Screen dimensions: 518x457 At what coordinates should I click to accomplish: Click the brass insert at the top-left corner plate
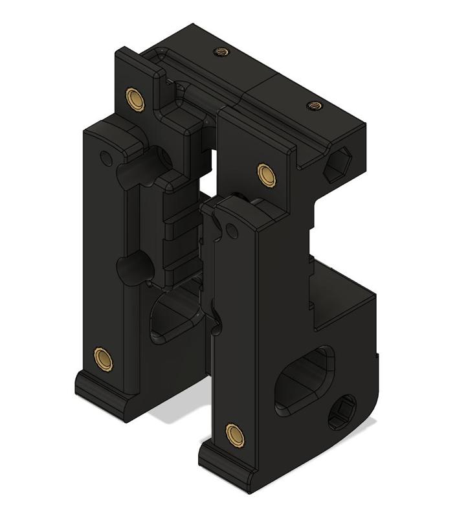coord(136,98)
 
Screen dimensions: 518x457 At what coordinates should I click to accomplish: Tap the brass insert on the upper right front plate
coord(266,174)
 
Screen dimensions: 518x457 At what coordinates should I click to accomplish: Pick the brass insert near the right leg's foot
coord(234,434)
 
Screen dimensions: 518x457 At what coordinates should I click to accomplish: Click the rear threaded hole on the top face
coord(219,51)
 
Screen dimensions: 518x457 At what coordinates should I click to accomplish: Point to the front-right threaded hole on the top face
coord(314,104)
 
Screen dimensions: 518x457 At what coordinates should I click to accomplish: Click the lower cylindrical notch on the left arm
coord(131,268)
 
